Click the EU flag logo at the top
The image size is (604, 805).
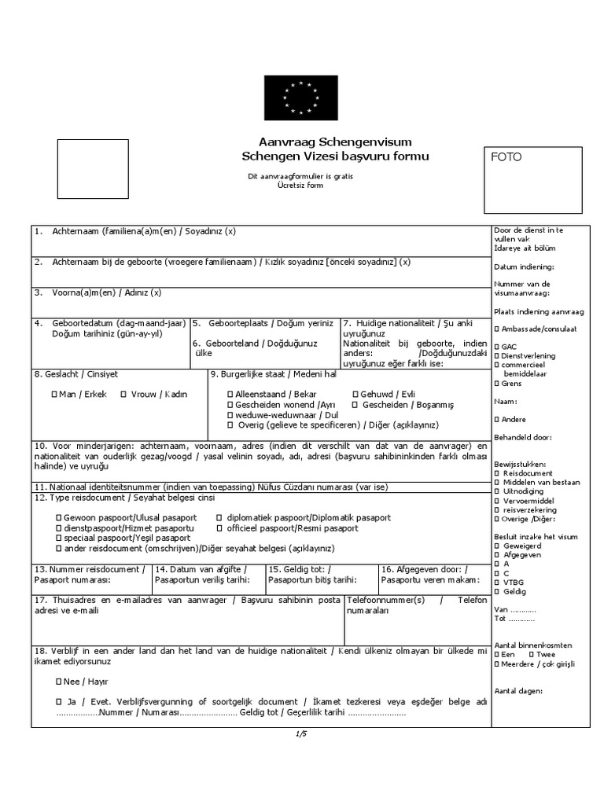point(301,98)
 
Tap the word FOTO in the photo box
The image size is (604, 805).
point(506,157)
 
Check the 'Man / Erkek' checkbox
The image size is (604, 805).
point(53,395)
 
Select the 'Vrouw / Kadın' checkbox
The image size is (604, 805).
point(123,395)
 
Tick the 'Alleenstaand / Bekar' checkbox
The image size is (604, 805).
point(230,394)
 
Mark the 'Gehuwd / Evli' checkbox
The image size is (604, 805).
point(355,394)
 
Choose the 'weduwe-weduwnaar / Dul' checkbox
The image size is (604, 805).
point(230,415)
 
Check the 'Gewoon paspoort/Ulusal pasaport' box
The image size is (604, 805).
point(58,518)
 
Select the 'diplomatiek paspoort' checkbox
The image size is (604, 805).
point(219,518)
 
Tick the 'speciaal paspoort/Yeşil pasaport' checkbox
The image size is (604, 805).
point(58,539)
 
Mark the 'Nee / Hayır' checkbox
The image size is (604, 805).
point(58,682)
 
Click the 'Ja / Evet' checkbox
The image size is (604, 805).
point(58,701)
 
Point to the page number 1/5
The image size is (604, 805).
point(301,733)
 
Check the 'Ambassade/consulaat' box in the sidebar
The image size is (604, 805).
point(496,329)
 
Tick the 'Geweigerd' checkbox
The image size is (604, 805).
point(496,545)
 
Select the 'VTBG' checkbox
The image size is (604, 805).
point(496,583)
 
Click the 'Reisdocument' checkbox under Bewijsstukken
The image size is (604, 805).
point(496,473)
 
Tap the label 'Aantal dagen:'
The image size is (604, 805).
point(519,691)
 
